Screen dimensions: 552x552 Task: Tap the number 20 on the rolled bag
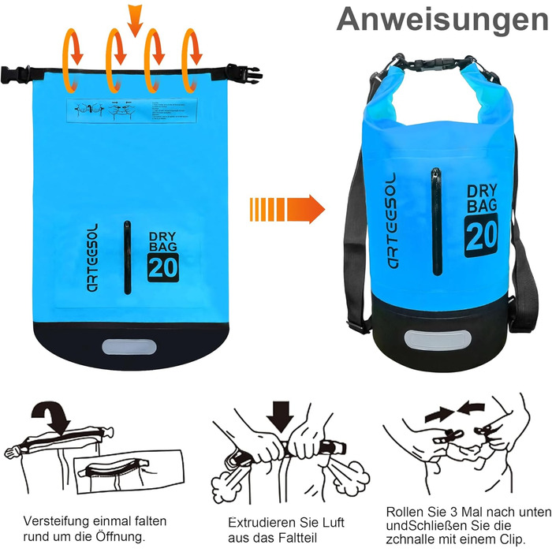[480, 236]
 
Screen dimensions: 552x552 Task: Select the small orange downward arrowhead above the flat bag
[136, 18]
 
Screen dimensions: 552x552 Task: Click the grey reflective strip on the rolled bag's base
[428, 340]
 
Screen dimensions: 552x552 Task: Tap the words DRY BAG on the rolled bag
[481, 200]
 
